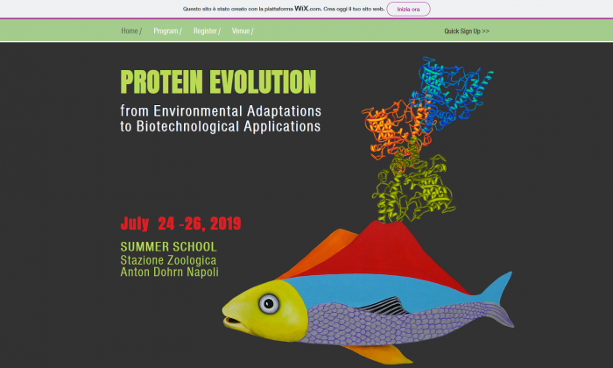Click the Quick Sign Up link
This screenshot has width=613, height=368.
[467, 32]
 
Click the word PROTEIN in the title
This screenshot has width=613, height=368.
[161, 82]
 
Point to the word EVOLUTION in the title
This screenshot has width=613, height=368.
[263, 82]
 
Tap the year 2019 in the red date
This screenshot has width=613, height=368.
[226, 223]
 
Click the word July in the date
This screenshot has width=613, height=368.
[135, 223]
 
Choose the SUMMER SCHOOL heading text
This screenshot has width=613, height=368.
[168, 247]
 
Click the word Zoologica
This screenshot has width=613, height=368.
[192, 260]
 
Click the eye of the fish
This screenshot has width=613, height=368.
[269, 303]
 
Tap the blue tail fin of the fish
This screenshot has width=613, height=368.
[497, 289]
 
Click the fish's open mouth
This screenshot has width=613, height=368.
[235, 322]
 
